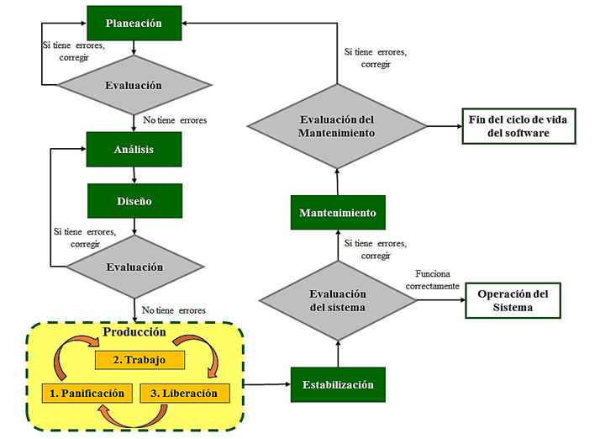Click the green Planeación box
pos(134,23)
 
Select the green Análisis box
pos(134,150)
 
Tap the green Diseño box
pos(134,201)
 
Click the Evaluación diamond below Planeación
pos(133,85)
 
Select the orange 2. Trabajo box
pos(139,359)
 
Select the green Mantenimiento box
pos(338,213)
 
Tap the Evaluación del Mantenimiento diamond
pos(337,126)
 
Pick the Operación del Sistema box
pos(512,300)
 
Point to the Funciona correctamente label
pos(432,280)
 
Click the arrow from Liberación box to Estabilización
pos(266,385)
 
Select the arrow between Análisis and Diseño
pos(134,175)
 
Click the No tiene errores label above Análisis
pos(175,120)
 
